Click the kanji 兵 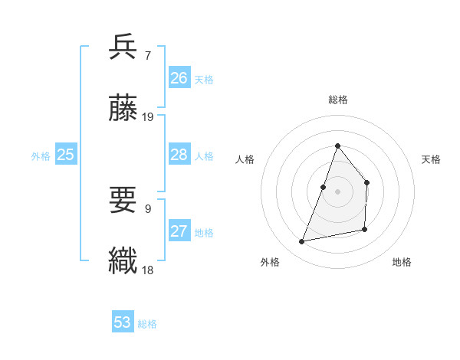point(123,47)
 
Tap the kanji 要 point(123,201)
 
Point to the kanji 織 point(123,260)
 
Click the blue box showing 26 point(179,78)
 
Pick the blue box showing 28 point(179,155)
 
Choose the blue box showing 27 point(179,231)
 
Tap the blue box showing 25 point(66,155)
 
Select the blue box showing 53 point(122,322)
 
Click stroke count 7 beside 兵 point(147,55)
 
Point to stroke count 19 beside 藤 point(148,116)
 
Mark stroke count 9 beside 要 point(147,208)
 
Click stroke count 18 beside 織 point(148,270)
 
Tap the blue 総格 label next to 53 point(147,324)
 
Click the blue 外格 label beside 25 point(41,156)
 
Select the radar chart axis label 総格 point(337,100)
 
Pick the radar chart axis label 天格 point(431,159)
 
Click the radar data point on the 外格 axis point(302,242)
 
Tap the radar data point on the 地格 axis point(365,229)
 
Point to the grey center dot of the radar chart point(337,191)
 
